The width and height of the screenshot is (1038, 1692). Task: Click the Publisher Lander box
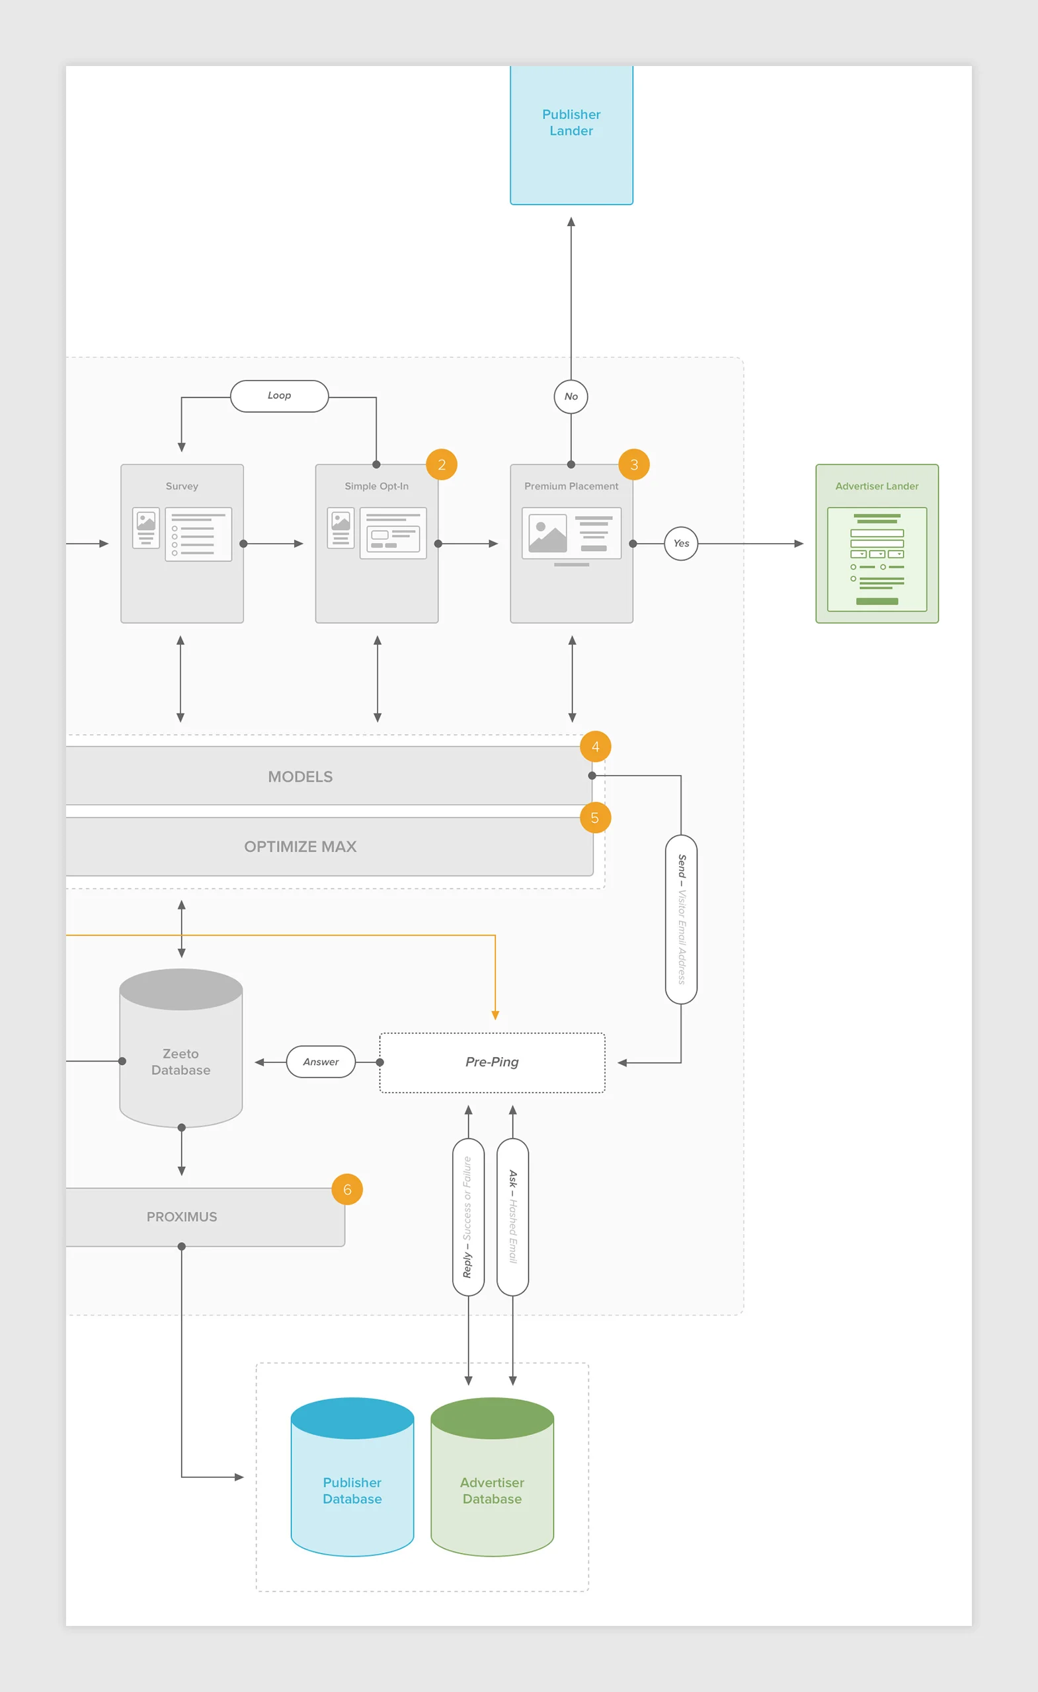pyautogui.click(x=571, y=135)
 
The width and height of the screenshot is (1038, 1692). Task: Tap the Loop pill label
pyautogui.click(x=279, y=396)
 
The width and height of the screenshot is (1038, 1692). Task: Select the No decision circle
pyautogui.click(x=571, y=396)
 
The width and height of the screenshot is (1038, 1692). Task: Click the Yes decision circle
pyautogui.click(x=681, y=543)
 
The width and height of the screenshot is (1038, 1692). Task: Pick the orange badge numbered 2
pyautogui.click(x=441, y=465)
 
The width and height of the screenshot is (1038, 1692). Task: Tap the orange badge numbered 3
pyautogui.click(x=633, y=465)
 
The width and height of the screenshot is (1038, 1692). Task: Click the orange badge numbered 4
pyautogui.click(x=595, y=747)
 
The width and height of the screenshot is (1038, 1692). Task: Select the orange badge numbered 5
pyautogui.click(x=595, y=818)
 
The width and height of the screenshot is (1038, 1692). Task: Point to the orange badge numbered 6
pyautogui.click(x=347, y=1189)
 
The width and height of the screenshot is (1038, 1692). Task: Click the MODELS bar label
pyautogui.click(x=300, y=777)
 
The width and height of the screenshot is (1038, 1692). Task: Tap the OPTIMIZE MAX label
pyautogui.click(x=300, y=847)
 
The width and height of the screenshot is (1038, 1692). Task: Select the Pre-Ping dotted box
pyautogui.click(x=492, y=1062)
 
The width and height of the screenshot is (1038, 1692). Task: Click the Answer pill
pyautogui.click(x=321, y=1062)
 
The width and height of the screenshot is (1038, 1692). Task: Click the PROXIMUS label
pyautogui.click(x=182, y=1217)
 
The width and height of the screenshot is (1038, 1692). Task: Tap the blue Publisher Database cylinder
pyautogui.click(x=352, y=1483)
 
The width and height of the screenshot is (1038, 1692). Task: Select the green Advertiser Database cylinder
pyautogui.click(x=492, y=1483)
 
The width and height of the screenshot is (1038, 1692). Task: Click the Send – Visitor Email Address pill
pyautogui.click(x=681, y=919)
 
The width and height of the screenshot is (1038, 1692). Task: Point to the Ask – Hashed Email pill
pyautogui.click(x=512, y=1217)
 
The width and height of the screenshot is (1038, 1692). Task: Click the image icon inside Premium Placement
pyautogui.click(x=547, y=534)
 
